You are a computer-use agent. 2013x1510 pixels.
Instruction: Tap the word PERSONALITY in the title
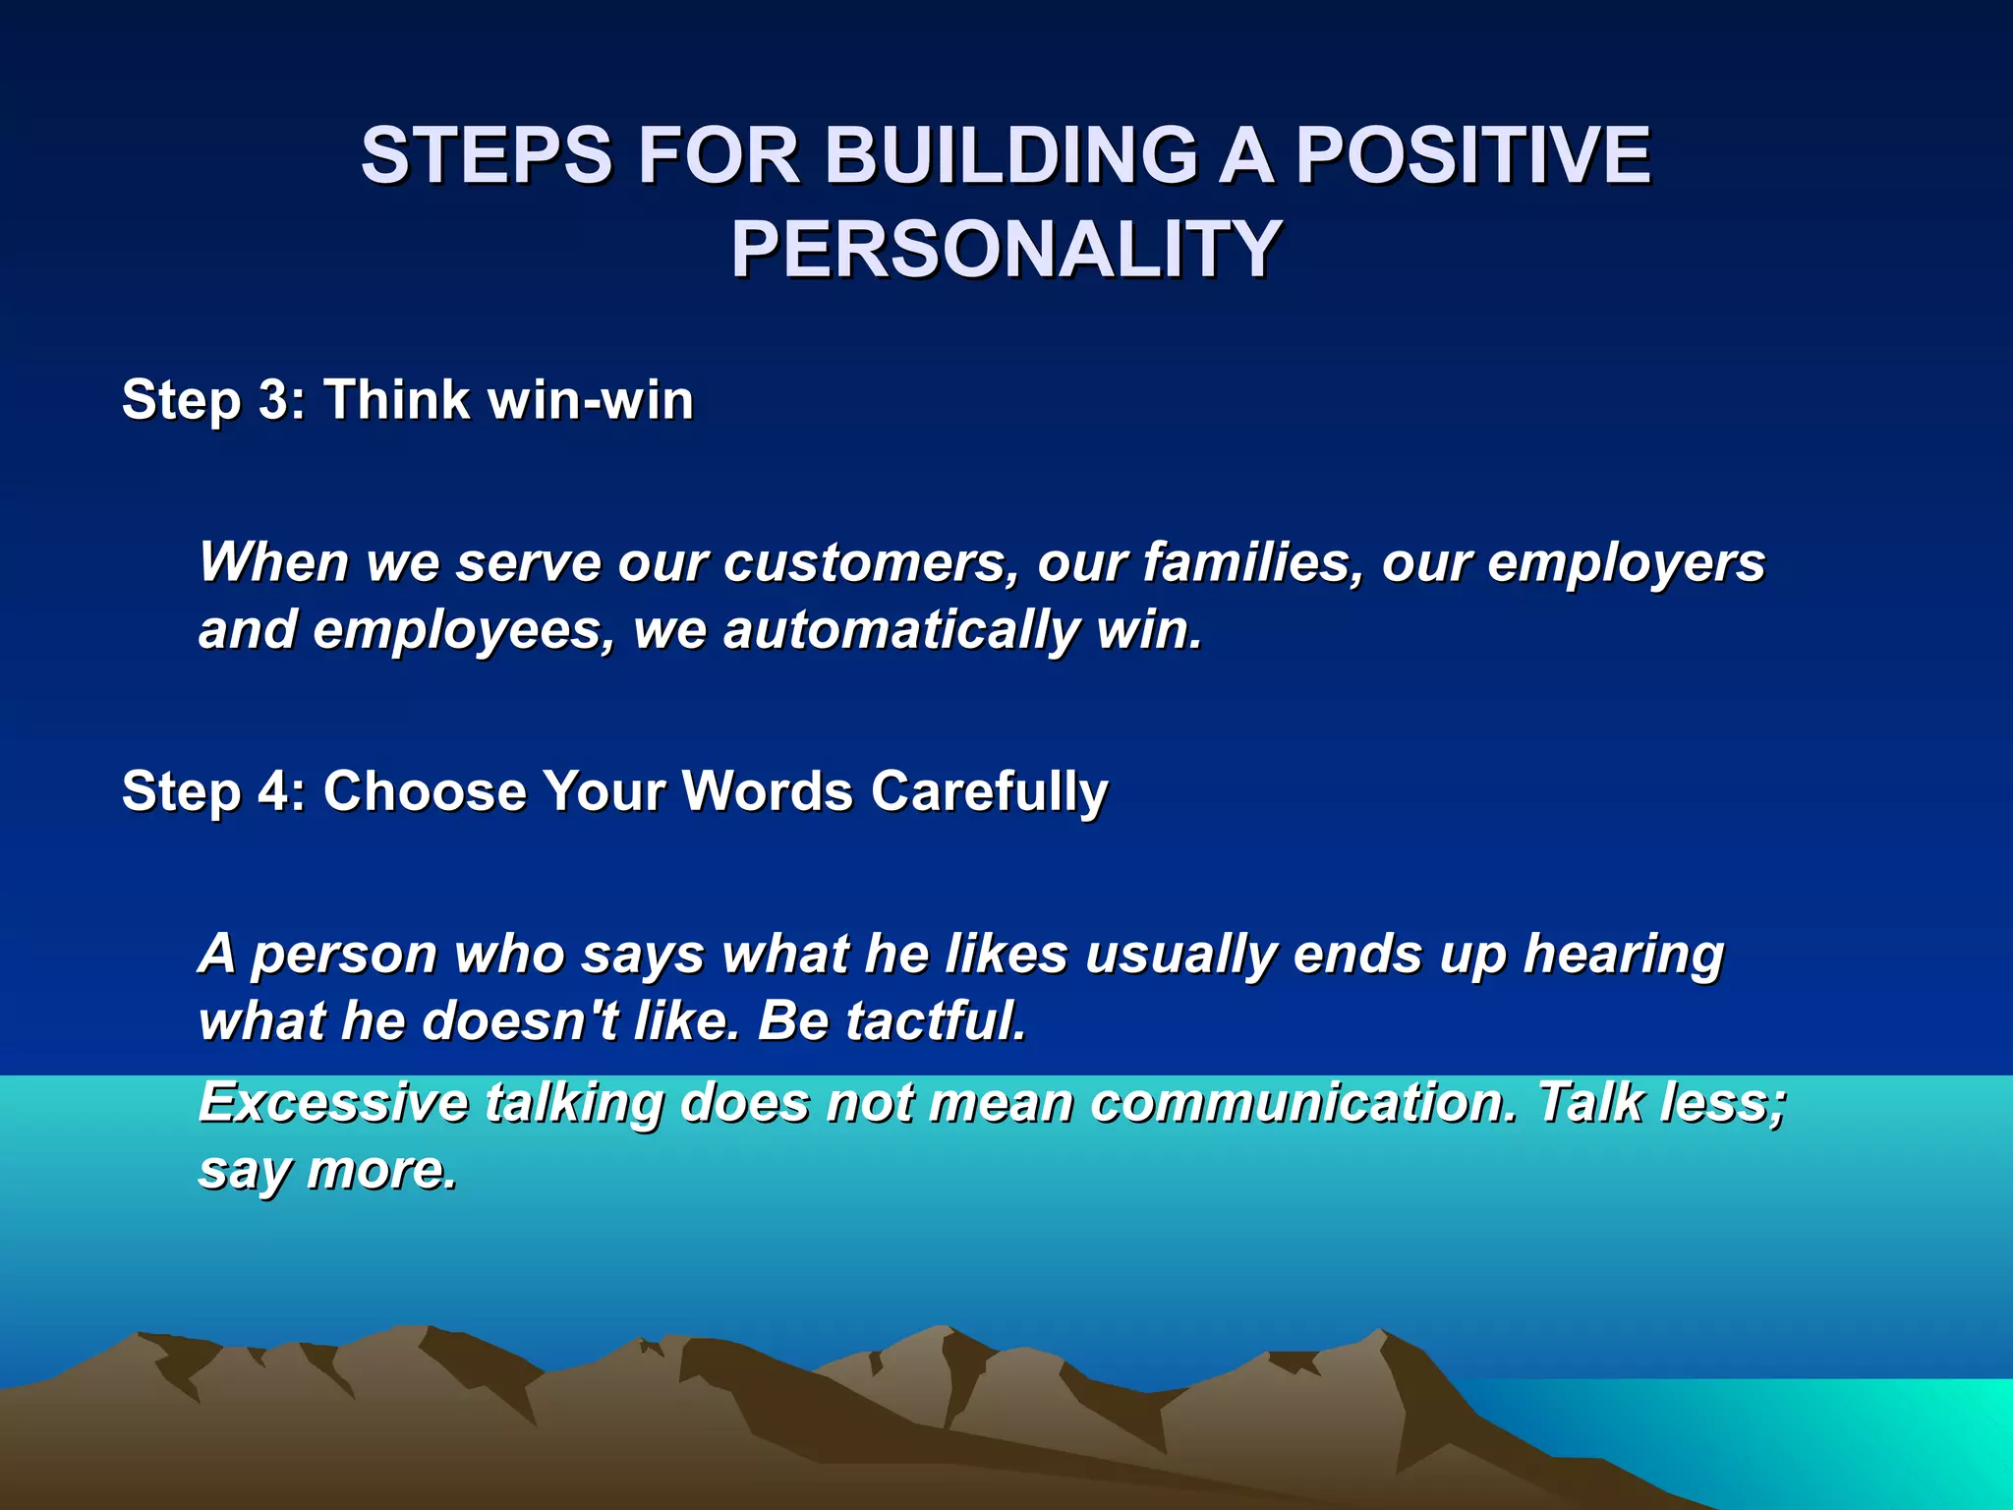pyautogui.click(x=1006, y=250)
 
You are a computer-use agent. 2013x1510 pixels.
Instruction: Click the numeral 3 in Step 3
pyautogui.click(x=274, y=400)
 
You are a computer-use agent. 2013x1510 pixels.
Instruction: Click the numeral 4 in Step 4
pyautogui.click(x=275, y=791)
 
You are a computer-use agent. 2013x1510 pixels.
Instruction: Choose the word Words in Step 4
pyautogui.click(x=768, y=791)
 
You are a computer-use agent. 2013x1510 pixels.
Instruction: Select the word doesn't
pyautogui.click(x=520, y=1020)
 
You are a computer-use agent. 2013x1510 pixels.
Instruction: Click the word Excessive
pyautogui.click(x=333, y=1102)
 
